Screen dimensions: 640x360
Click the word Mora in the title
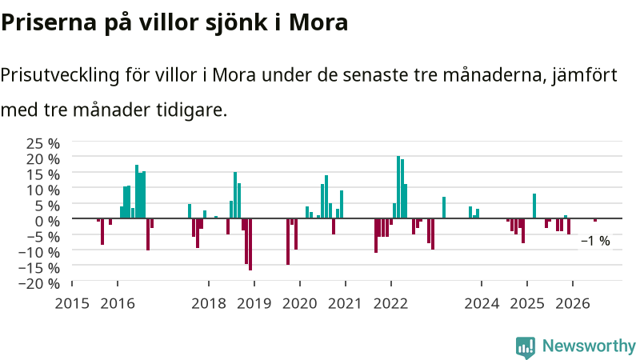[318, 22]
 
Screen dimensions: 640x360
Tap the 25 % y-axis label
[43, 144]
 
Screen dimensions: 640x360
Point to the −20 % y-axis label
[39, 283]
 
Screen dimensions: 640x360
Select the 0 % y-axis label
[47, 222]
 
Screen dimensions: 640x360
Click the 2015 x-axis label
[72, 303]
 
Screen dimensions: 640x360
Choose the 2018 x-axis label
[209, 303]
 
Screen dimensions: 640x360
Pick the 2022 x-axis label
[390, 303]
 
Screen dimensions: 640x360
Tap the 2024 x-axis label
[482, 303]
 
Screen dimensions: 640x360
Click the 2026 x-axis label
[573, 303]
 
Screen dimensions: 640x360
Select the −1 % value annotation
[595, 241]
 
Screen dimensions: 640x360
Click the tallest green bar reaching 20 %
[398, 187]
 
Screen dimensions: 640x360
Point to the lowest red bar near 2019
[250, 245]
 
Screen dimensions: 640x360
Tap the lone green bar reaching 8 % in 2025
[534, 206]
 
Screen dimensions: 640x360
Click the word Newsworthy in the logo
[589, 346]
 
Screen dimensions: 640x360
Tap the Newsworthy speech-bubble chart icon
[526, 348]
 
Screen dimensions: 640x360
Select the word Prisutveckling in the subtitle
[60, 75]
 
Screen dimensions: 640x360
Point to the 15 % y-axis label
[43, 174]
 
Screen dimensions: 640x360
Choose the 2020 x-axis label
[299, 303]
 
